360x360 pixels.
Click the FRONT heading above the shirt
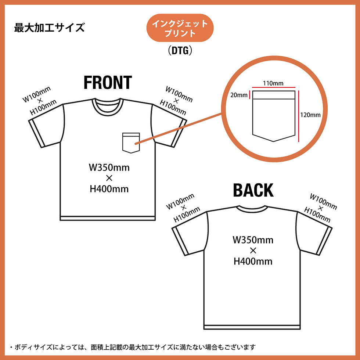click(108, 83)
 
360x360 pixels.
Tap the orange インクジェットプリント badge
click(180, 29)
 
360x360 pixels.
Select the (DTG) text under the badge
click(180, 51)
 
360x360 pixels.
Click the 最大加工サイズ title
click(49, 28)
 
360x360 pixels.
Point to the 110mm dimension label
click(273, 83)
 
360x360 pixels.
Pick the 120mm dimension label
click(310, 115)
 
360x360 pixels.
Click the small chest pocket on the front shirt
click(132, 143)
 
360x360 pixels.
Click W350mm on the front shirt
click(109, 168)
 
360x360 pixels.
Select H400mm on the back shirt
click(253, 261)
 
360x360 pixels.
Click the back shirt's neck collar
click(252, 209)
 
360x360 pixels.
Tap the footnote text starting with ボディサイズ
click(132, 347)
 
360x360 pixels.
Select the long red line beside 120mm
click(299, 115)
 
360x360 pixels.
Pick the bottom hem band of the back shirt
click(252, 327)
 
